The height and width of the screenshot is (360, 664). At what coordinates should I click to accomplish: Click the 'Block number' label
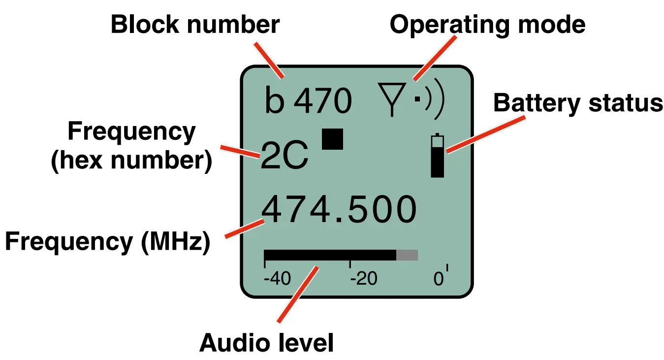(195, 25)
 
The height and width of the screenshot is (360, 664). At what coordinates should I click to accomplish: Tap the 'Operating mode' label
(487, 25)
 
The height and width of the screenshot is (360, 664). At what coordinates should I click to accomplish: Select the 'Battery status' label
(578, 103)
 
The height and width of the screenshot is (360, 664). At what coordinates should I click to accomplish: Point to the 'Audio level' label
(266, 343)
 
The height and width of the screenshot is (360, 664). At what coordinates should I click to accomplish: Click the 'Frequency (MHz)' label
(107, 242)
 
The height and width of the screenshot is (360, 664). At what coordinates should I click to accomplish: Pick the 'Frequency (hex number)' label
(131, 146)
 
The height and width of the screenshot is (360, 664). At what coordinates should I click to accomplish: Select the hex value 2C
(284, 156)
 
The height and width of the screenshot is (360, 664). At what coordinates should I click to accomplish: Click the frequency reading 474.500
(339, 210)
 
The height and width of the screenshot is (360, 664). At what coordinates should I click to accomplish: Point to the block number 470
(323, 101)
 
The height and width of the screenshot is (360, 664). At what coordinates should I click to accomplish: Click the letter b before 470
(274, 100)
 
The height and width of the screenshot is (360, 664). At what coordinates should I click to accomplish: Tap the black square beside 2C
(333, 138)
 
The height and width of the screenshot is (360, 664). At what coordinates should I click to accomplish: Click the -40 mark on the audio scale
(277, 280)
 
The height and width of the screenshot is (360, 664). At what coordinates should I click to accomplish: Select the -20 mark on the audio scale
(363, 280)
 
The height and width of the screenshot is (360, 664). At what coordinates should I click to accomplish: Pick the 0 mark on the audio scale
(439, 280)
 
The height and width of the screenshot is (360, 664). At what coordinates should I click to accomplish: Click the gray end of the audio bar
(407, 255)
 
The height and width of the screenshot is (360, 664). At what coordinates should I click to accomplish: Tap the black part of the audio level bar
(330, 255)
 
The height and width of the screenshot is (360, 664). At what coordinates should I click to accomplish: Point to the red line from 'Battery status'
(485, 133)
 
